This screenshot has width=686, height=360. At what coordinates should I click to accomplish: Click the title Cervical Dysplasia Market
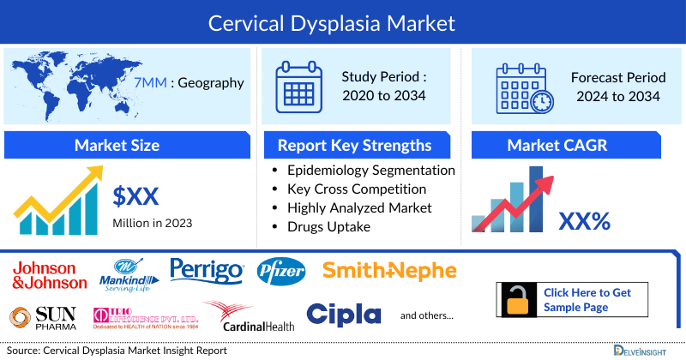point(343,21)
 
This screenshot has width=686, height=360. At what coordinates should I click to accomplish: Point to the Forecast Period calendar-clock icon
point(525,87)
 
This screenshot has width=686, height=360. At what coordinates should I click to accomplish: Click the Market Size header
point(117,145)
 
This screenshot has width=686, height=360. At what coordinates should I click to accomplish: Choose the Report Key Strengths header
point(354,145)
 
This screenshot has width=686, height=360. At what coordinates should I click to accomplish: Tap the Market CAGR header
point(569,145)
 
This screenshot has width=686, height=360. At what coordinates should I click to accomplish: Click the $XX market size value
point(136,197)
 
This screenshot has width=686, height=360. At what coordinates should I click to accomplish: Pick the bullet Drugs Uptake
point(328,226)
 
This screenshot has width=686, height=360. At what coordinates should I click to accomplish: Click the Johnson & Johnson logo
point(50,275)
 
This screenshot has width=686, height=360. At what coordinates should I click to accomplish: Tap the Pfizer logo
point(281,272)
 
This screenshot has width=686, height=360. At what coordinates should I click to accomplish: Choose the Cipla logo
point(343,315)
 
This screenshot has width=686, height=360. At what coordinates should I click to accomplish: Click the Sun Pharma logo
point(43,317)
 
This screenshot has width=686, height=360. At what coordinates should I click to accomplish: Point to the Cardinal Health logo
point(249,317)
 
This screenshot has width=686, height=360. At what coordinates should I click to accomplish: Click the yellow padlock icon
point(519,300)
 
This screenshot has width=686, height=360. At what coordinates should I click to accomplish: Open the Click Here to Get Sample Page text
point(587,300)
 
